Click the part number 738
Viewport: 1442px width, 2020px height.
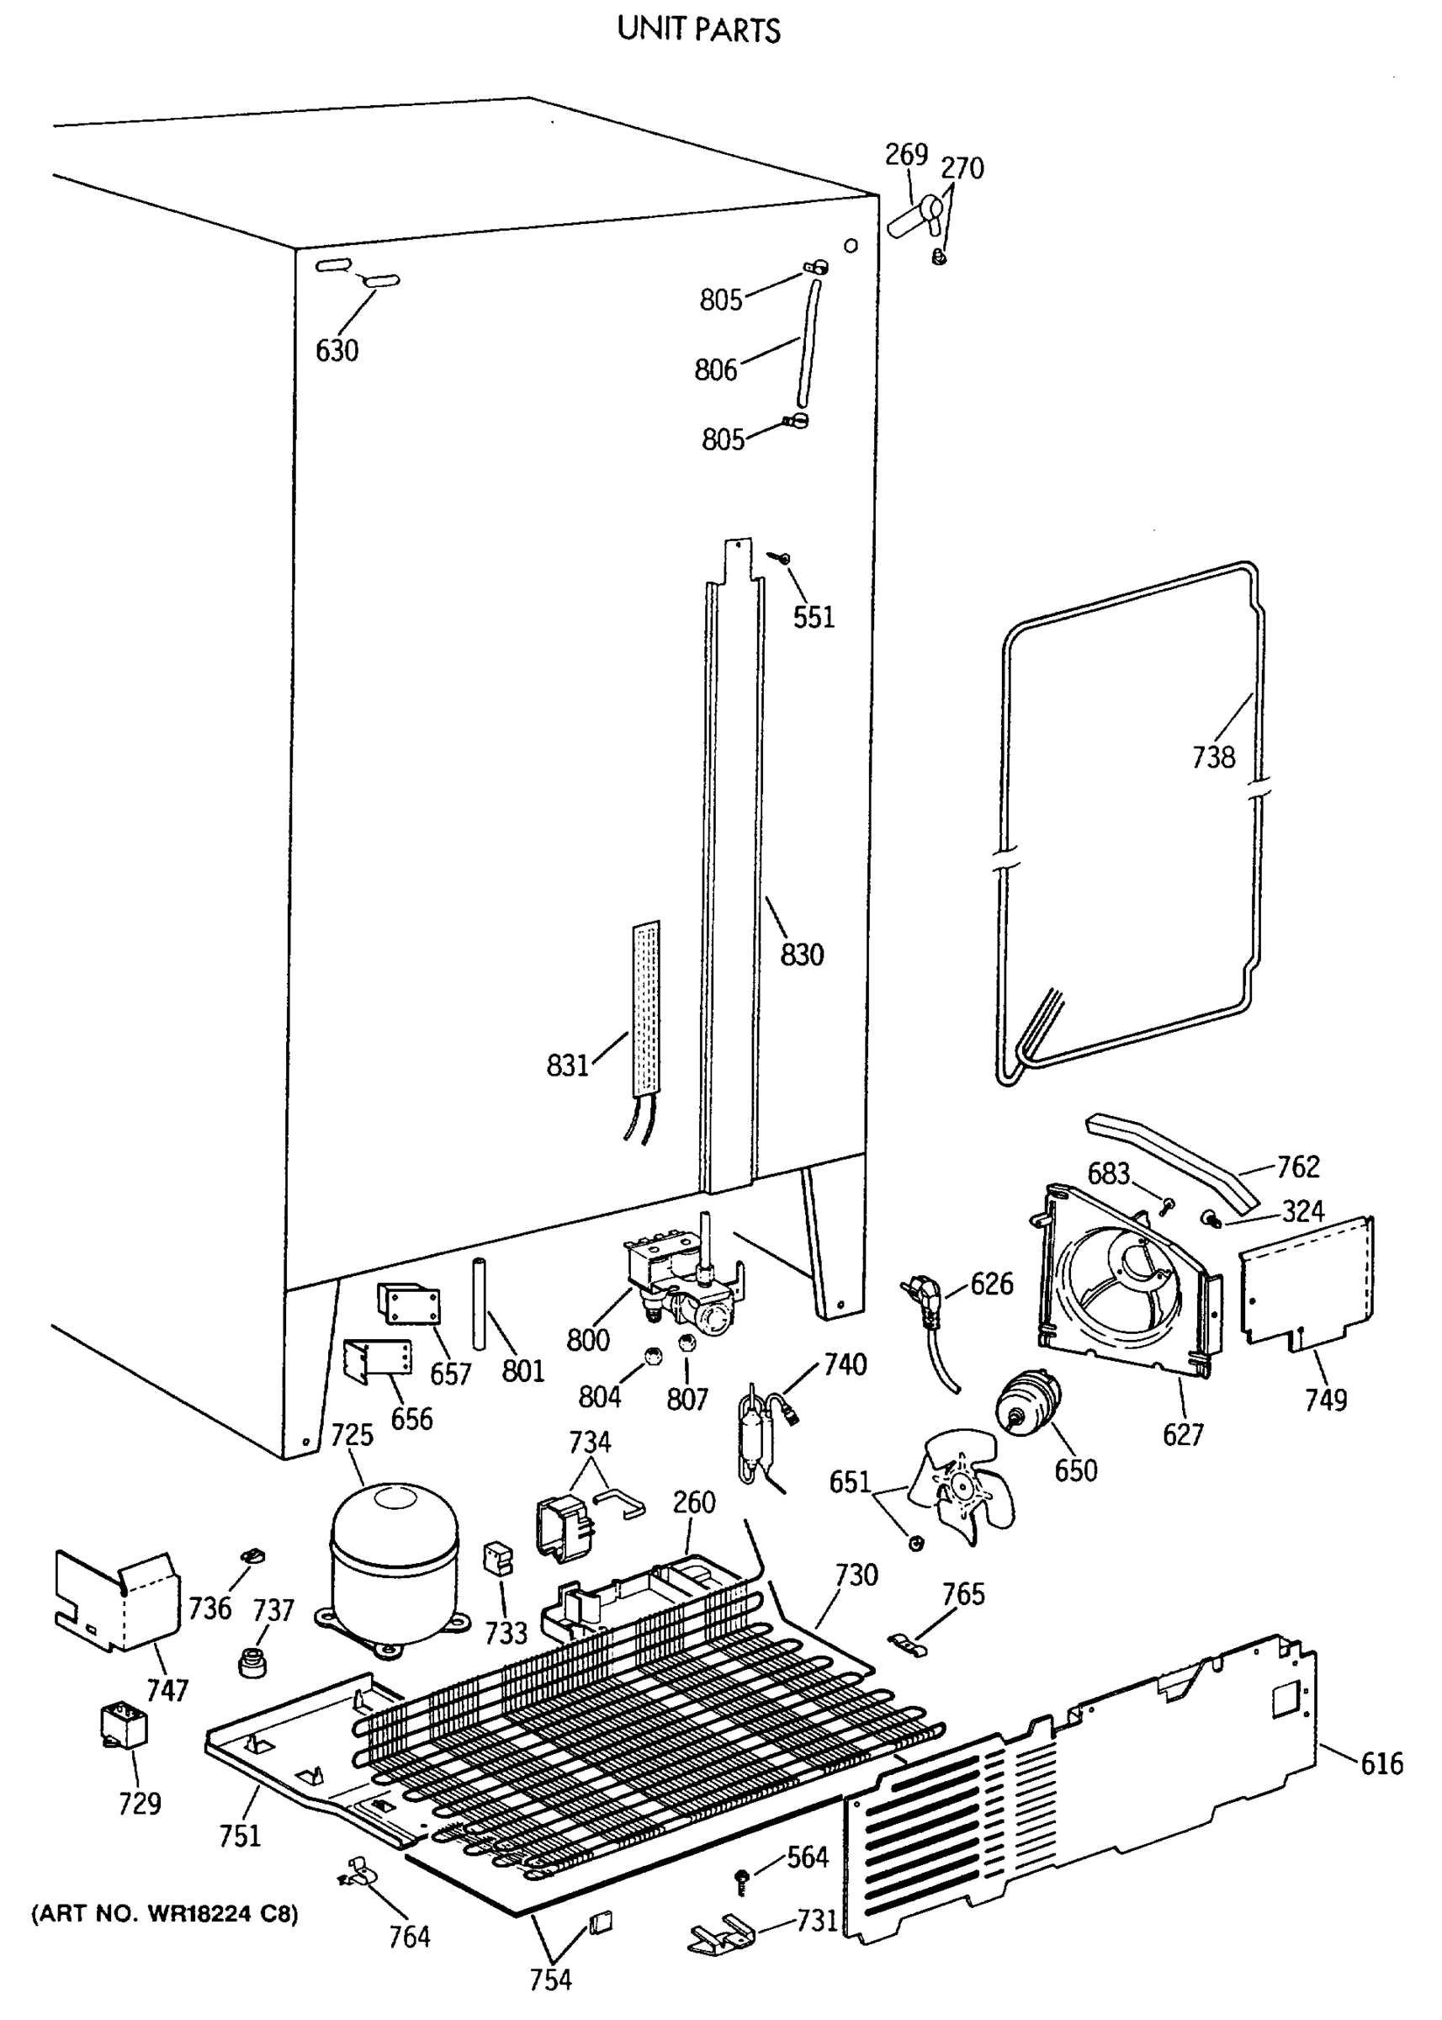pos(1213,757)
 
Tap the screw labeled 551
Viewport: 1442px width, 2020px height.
pos(782,558)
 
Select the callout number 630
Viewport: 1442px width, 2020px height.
pos(337,351)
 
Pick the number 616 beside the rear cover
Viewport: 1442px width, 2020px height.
pos(1381,1763)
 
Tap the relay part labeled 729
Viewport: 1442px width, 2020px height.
pos(124,1726)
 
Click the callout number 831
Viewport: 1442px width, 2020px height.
pos(567,1064)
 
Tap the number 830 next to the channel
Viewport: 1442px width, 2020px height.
pos(802,955)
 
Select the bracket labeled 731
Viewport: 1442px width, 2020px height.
pos(721,1934)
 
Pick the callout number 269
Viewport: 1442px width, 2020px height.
pos(906,155)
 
